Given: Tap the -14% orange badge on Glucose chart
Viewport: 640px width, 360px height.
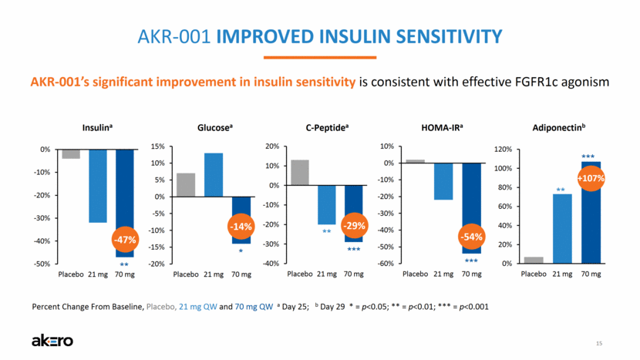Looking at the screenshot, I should click(x=241, y=227).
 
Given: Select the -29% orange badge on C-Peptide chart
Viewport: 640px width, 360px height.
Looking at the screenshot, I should click(x=354, y=227).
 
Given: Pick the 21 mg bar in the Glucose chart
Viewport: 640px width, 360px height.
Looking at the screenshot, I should click(x=213, y=174).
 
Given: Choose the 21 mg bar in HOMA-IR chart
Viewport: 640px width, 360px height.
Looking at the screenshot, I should click(x=443, y=181).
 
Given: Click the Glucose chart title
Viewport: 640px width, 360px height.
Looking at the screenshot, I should click(x=213, y=130).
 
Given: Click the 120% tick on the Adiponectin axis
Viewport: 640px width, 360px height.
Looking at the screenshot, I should click(x=502, y=149).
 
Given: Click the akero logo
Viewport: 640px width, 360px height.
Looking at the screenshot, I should click(x=51, y=340).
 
